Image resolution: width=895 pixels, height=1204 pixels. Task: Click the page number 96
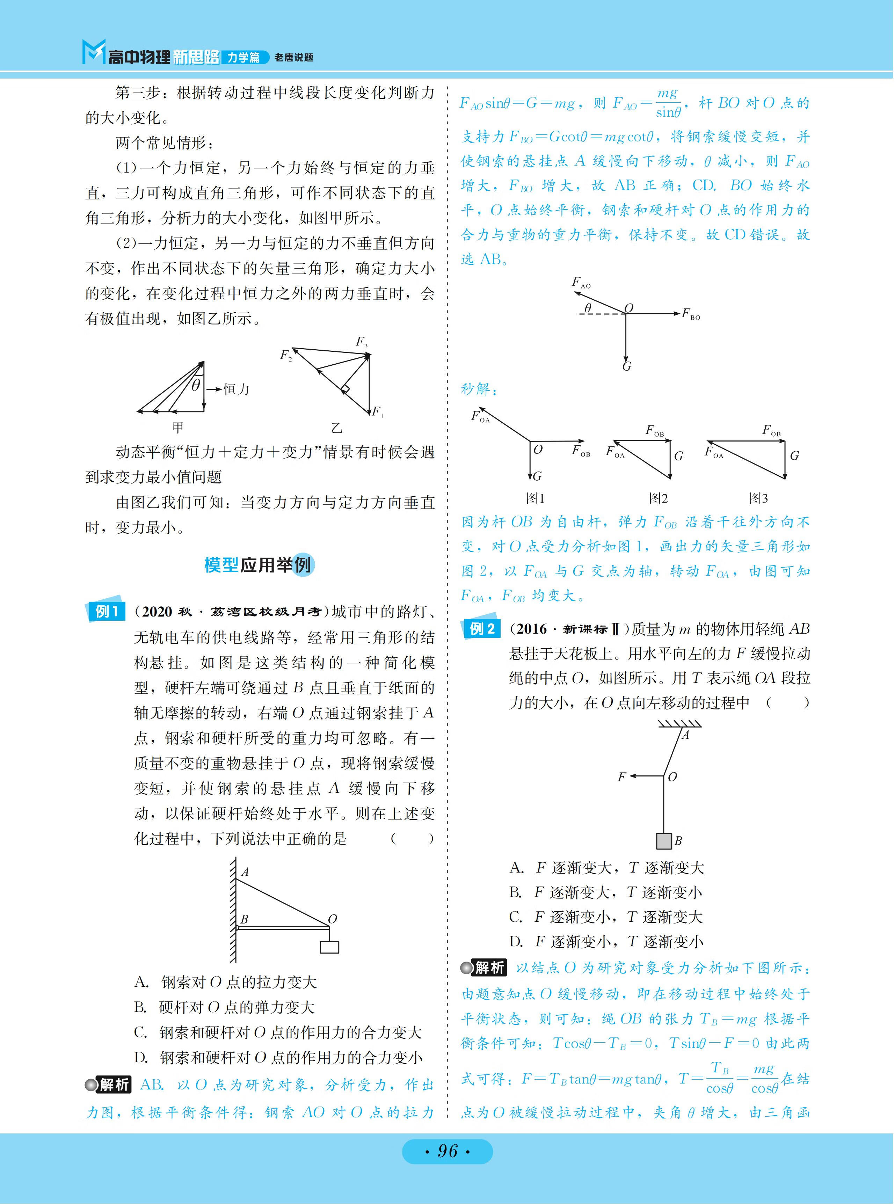tap(447, 1150)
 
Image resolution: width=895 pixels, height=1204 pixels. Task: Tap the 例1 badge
tap(106, 612)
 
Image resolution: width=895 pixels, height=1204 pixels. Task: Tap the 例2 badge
tap(481, 629)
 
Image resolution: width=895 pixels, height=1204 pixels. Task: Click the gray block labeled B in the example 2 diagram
tap(664, 841)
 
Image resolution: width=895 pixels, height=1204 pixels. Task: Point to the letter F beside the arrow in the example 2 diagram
tap(621, 777)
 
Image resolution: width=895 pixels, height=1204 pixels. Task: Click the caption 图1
tap(535, 498)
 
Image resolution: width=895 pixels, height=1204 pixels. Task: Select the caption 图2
tap(658, 498)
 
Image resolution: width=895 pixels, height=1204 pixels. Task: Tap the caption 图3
tap(758, 498)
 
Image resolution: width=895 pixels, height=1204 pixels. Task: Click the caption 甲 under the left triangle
tap(178, 427)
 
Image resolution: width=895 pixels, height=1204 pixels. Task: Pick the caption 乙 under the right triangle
tap(337, 428)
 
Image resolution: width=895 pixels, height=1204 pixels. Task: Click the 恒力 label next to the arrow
tap(237, 389)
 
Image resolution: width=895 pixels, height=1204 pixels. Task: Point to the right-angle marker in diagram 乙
tap(344, 389)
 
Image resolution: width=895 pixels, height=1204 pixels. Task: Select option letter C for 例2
tap(516, 917)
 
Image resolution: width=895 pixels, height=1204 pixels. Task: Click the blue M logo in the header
tap(93, 52)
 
